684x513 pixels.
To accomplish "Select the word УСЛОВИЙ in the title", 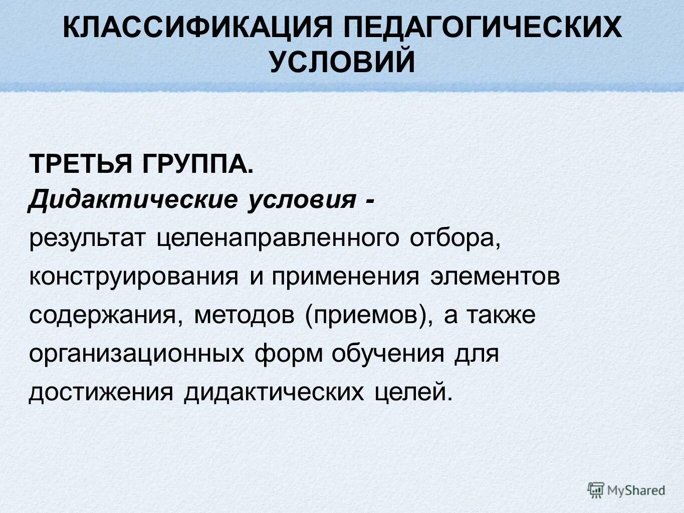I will click(x=342, y=62).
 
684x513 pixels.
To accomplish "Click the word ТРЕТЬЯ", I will click(x=82, y=164).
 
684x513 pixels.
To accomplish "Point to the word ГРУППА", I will click(x=200, y=164).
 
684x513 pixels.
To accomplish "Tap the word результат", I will click(x=87, y=238).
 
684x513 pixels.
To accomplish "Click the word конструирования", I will click(x=133, y=277).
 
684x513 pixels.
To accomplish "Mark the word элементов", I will click(x=495, y=277).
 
